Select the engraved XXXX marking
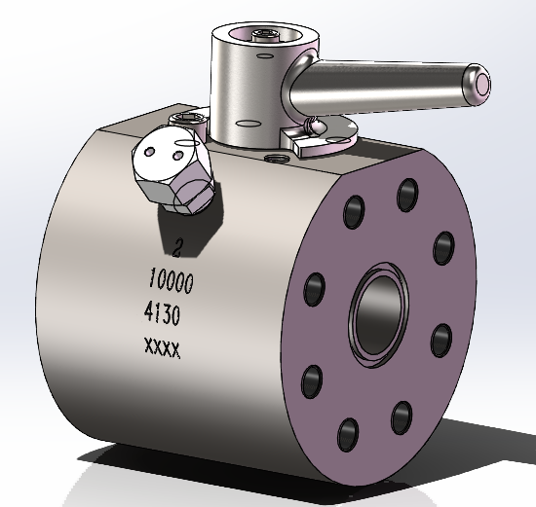click(x=162, y=346)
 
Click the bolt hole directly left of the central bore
click(x=315, y=287)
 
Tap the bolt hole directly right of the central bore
click(x=440, y=337)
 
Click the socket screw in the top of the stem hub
click(x=262, y=38)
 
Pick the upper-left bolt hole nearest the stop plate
click(x=356, y=211)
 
